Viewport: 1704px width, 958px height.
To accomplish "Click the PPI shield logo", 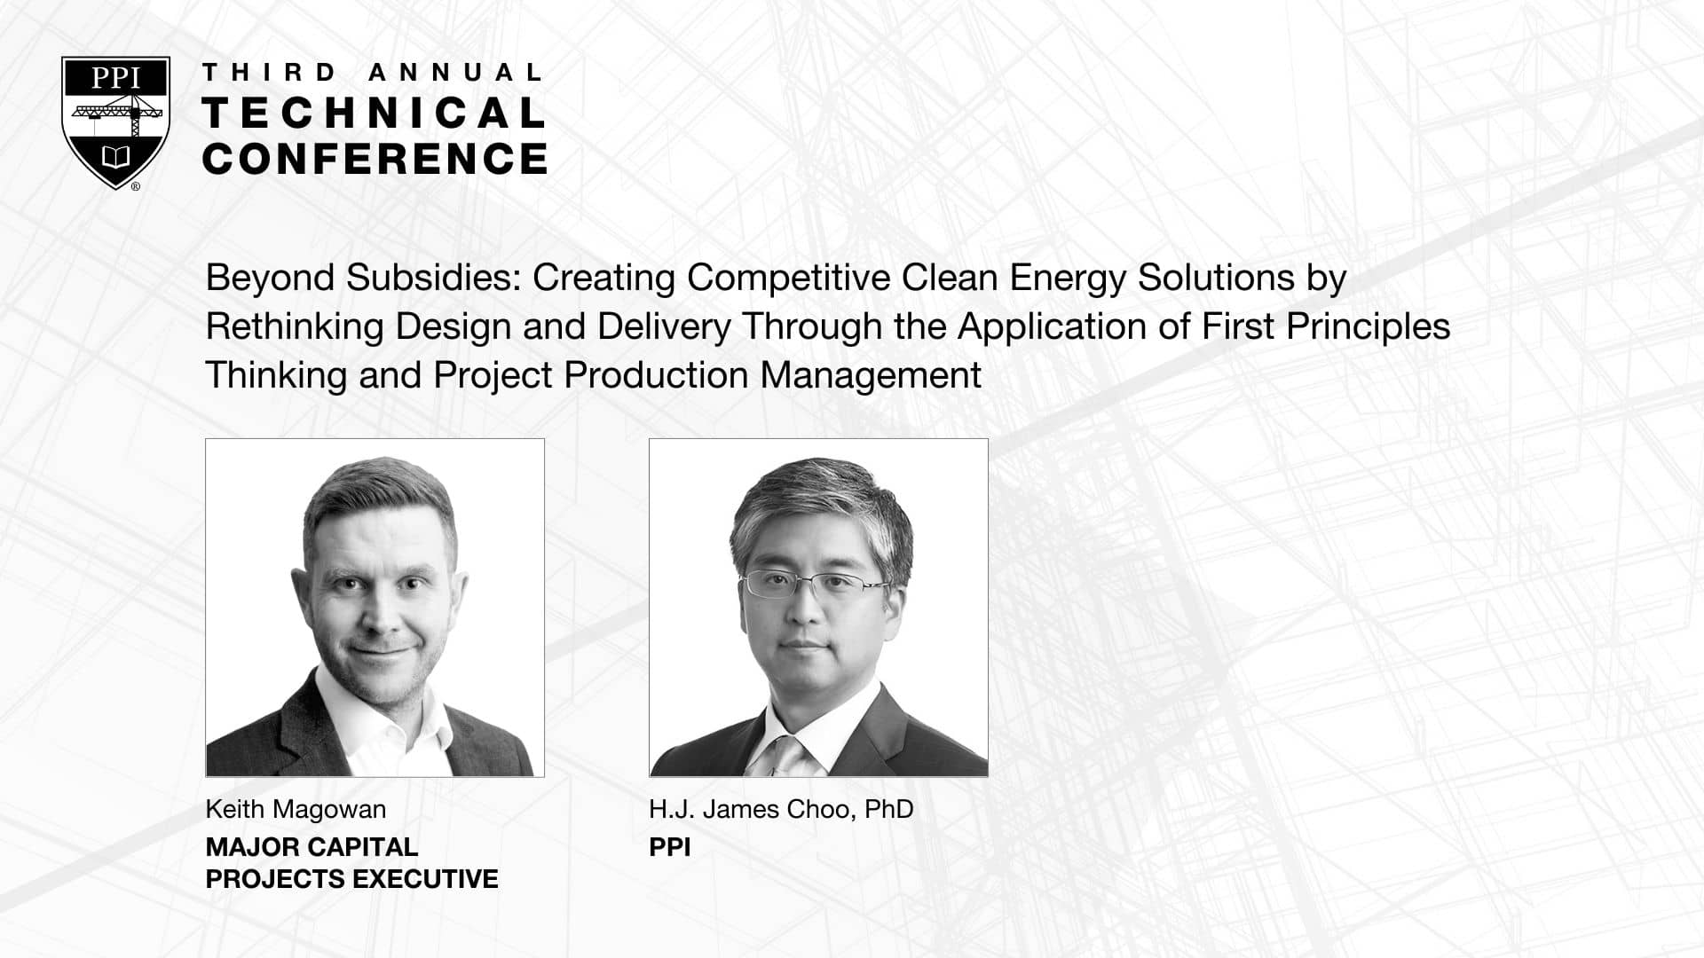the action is click(x=115, y=122).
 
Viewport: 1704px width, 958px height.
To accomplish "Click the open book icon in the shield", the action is click(x=115, y=158).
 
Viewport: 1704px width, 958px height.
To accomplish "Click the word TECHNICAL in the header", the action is click(x=375, y=114).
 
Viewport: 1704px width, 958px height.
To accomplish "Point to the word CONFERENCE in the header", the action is click(x=375, y=159).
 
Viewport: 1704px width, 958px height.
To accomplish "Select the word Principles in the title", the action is click(x=1369, y=327).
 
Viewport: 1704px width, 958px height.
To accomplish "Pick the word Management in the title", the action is click(x=871, y=376).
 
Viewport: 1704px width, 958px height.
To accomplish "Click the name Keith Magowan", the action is click(x=296, y=810).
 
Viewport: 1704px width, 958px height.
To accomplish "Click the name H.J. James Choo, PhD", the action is click(x=781, y=810).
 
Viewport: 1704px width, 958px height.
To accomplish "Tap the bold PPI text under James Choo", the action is click(x=670, y=847).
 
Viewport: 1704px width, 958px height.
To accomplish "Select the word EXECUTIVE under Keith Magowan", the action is click(x=425, y=879).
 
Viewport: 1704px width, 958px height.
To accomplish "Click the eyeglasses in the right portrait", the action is click(x=814, y=584).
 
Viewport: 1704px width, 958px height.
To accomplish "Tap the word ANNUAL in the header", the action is click(x=455, y=73).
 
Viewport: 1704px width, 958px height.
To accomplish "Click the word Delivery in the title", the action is click(x=664, y=327).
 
